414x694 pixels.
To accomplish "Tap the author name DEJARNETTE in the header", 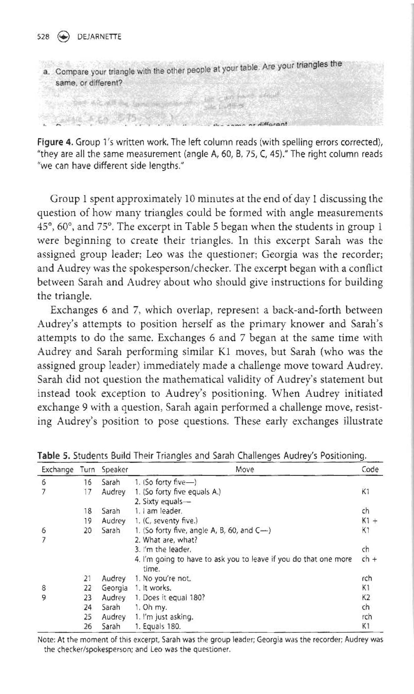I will [99, 37].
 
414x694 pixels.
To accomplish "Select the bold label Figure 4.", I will [55, 143].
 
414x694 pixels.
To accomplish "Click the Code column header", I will [370, 469].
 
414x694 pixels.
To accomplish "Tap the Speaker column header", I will [115, 469].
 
